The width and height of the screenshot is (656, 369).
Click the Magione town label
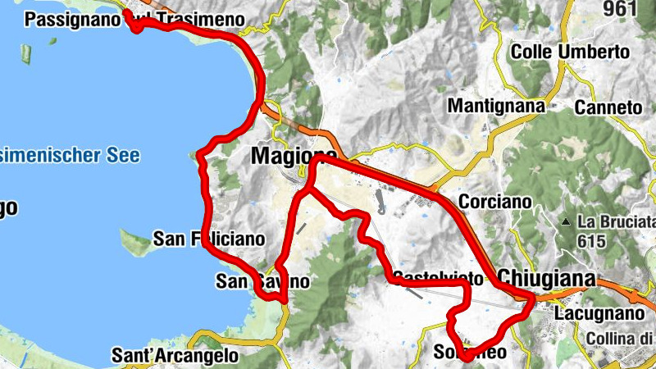pyautogui.click(x=294, y=156)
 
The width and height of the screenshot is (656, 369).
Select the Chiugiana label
pyautogui.click(x=545, y=278)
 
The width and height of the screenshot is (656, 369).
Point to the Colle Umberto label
pyautogui.click(x=570, y=52)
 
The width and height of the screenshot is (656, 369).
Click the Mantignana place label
pyautogui.click(x=496, y=106)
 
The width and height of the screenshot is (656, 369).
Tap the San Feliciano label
pyautogui.click(x=210, y=239)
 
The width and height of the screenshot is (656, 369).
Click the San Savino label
pyautogui.click(x=262, y=281)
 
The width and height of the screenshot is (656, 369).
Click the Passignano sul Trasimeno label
pyautogui.click(x=136, y=19)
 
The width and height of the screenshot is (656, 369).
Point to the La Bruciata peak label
pyautogui.click(x=617, y=222)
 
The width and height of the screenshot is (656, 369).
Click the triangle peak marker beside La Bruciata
pyautogui.click(x=566, y=222)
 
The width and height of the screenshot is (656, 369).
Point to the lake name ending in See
pyautogui.click(x=70, y=155)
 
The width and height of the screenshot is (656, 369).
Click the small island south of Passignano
pyautogui.click(x=26, y=55)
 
